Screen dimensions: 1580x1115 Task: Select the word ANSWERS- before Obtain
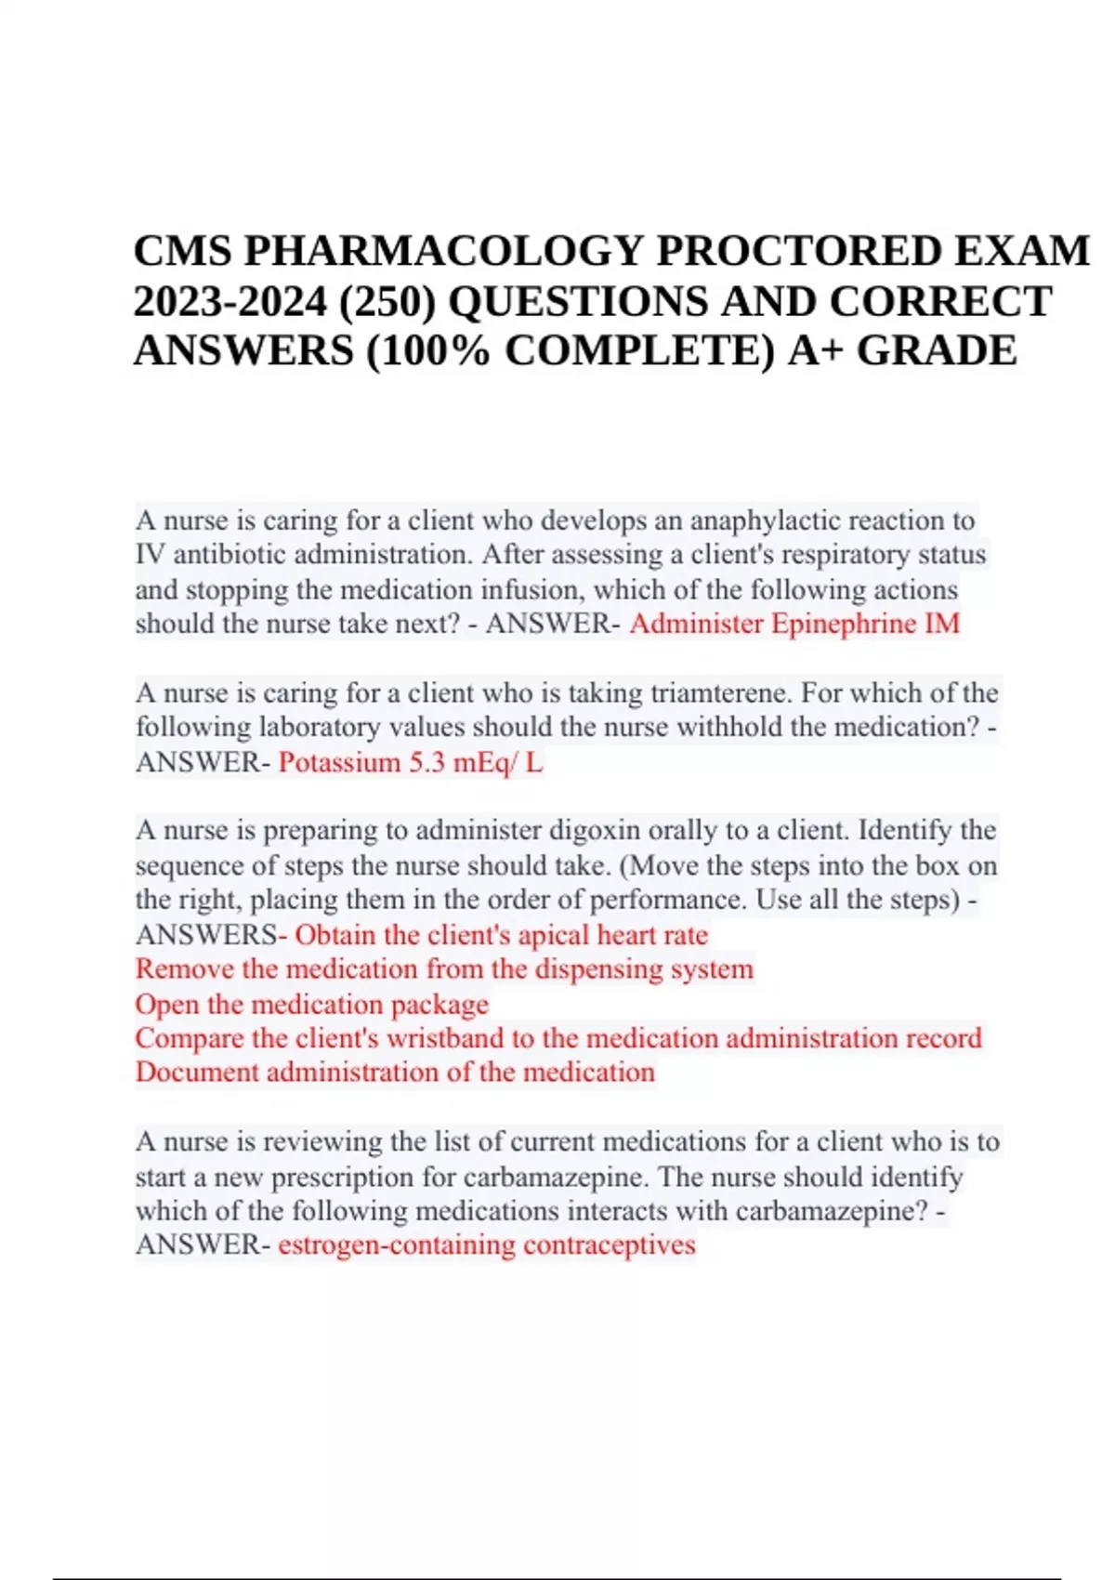[211, 935]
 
